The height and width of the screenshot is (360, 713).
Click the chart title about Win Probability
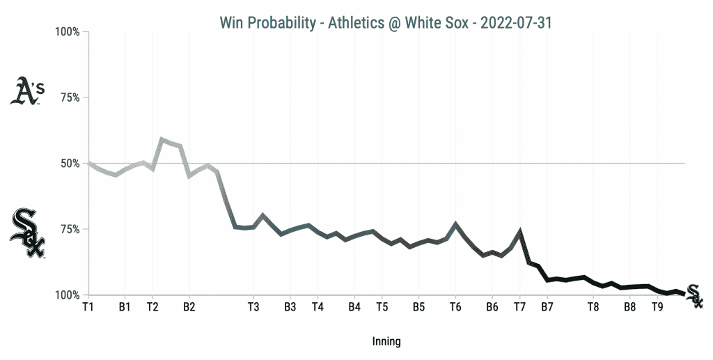[386, 23]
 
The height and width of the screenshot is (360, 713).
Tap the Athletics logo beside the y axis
[27, 91]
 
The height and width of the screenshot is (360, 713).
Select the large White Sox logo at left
[27, 233]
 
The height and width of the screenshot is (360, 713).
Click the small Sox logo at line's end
[694, 296]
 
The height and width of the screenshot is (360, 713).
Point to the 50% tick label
[69, 164]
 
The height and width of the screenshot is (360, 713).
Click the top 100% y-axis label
[67, 32]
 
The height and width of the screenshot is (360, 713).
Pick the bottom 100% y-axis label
[67, 295]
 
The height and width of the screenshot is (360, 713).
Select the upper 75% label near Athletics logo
[69, 97]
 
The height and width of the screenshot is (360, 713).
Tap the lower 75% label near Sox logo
[69, 229]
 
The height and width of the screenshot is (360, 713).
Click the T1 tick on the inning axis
[88, 306]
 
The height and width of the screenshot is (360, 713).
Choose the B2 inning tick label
[189, 306]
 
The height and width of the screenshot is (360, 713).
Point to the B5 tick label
[418, 306]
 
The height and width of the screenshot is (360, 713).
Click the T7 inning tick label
[519, 306]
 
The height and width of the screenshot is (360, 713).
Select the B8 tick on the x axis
[629, 306]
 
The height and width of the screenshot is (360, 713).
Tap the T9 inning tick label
[657, 306]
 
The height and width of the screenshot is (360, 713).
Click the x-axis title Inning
[386, 342]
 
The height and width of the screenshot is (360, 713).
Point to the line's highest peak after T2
[162, 139]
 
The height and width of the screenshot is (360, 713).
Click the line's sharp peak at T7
[520, 230]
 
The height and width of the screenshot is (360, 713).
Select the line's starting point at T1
[88, 163]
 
